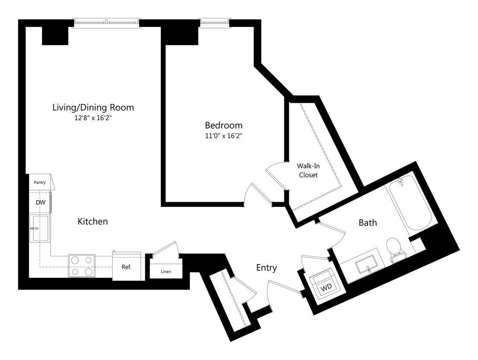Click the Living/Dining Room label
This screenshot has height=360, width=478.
pos(93,107)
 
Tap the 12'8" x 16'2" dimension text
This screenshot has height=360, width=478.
pos(93,118)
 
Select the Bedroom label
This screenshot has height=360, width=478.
pos(224,125)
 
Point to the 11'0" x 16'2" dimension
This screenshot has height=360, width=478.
pos(224,136)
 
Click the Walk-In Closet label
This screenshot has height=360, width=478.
pos(308,170)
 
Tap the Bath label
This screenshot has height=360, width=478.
pos(368,222)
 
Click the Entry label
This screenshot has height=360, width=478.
pos(267,268)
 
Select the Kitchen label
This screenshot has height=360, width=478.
pos(93,221)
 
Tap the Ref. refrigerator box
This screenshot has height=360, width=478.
pos(127,268)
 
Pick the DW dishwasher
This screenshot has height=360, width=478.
pos(40,202)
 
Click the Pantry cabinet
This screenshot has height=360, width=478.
pos(40,182)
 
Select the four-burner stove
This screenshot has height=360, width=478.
pos(82,266)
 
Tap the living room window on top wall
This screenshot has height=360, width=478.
pos(106,22)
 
